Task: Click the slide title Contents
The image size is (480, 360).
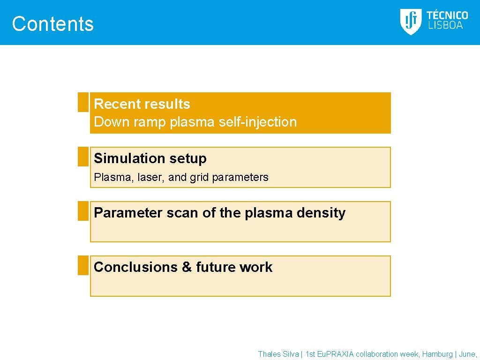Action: [52, 24]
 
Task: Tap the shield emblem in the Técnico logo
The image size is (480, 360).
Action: [411, 22]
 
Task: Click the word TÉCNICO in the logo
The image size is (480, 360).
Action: [447, 15]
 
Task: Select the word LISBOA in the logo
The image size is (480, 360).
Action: [445, 26]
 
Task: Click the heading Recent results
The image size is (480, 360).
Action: [142, 104]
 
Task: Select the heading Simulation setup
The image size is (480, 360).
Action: [150, 158]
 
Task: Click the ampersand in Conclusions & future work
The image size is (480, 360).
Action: [187, 267]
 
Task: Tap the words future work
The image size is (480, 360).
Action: [234, 267]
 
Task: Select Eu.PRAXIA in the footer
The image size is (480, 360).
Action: [336, 354]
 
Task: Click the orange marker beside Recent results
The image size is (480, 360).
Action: [83, 102]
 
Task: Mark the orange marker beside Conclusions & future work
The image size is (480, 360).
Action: [83, 265]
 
